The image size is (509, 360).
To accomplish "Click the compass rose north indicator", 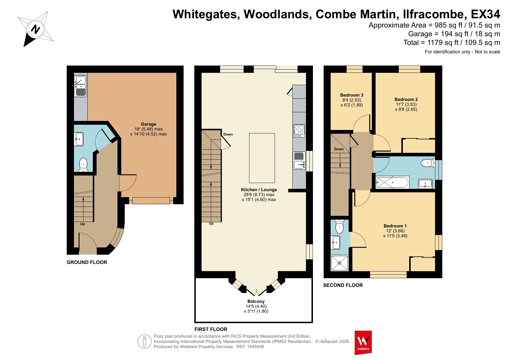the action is tap(35, 29).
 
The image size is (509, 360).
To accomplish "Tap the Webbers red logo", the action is tap(363, 343).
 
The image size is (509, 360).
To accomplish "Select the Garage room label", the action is tap(148, 124).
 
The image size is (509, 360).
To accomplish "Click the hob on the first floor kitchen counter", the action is tap(299, 131).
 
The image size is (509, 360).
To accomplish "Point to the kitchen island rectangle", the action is tap(262, 158).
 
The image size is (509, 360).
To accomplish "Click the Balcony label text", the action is tap(256, 301).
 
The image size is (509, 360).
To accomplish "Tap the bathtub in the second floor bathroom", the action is tap(392, 182).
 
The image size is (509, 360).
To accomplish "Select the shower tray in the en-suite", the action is tap(339, 263).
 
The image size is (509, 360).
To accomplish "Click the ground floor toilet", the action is tap(83, 165).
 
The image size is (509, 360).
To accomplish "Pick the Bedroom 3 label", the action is tap(352, 95).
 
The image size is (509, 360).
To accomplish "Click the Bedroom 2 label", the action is tap(406, 100).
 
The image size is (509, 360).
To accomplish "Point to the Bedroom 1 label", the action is tap(395, 226).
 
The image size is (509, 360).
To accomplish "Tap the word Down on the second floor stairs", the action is tap(339, 149).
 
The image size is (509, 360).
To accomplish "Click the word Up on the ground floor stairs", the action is tap(82, 224).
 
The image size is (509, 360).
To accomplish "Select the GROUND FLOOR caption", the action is tap(87, 262).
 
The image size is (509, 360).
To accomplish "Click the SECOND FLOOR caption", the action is tap(343, 285).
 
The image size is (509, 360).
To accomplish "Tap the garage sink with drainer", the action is tap(81, 86).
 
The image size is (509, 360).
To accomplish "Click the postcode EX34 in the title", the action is tap(486, 14).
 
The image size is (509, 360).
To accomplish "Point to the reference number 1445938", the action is tap(256, 347).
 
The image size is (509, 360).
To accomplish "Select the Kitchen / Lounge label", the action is tap(259, 190).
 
